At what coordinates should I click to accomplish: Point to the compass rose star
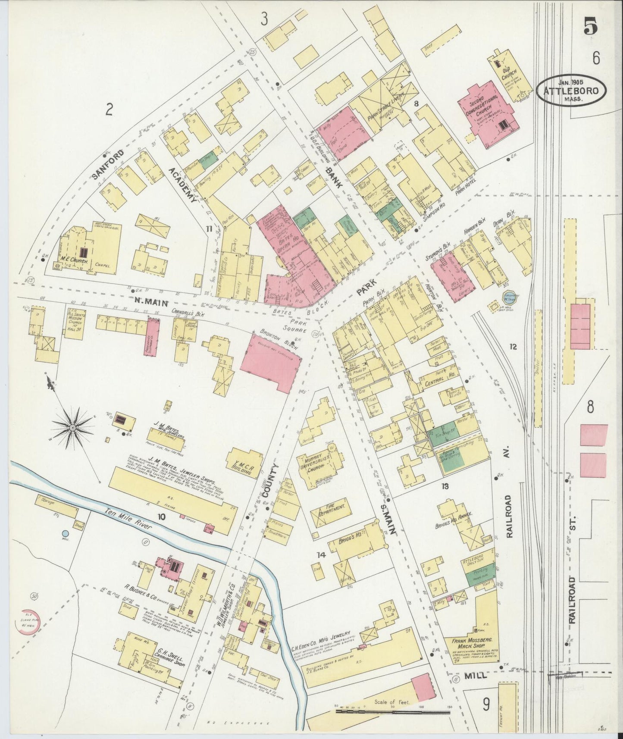tap(73, 427)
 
